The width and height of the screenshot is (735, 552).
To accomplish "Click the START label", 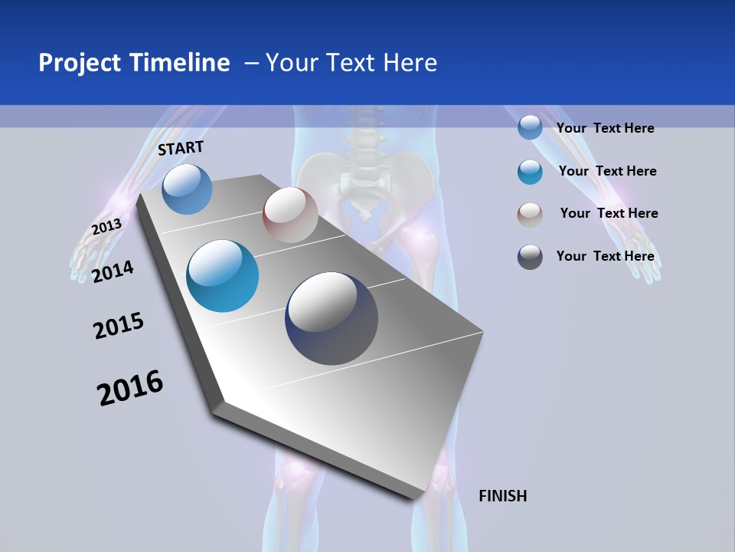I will pyautogui.click(x=181, y=148).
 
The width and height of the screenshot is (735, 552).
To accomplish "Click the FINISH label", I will pyautogui.click(x=502, y=496).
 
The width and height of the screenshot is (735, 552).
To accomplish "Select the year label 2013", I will pyautogui.click(x=106, y=227).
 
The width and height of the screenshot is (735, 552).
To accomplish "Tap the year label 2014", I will pyautogui.click(x=113, y=271).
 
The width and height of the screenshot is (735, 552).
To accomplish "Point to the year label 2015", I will pyautogui.click(x=118, y=327).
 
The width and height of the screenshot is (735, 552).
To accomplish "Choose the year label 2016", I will pyautogui.click(x=130, y=388).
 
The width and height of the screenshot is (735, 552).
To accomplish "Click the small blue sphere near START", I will pyautogui.click(x=187, y=189).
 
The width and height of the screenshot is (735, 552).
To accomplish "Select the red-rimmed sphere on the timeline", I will pyautogui.click(x=290, y=215).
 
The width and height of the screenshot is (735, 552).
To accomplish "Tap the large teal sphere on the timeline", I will pyautogui.click(x=222, y=276).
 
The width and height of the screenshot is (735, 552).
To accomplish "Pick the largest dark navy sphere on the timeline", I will pyautogui.click(x=332, y=318).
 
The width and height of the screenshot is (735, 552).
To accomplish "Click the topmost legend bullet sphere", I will pyautogui.click(x=530, y=127).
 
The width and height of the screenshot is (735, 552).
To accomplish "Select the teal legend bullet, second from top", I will pyautogui.click(x=530, y=172).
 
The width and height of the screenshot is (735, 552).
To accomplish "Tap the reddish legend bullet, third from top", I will pyautogui.click(x=530, y=214).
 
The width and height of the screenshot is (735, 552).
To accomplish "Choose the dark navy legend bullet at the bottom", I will pyautogui.click(x=530, y=257).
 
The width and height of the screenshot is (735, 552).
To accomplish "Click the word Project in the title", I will pyautogui.click(x=80, y=63).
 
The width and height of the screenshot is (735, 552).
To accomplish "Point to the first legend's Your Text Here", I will pyautogui.click(x=605, y=128).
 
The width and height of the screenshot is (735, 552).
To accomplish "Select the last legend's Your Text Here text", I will pyautogui.click(x=605, y=256).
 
